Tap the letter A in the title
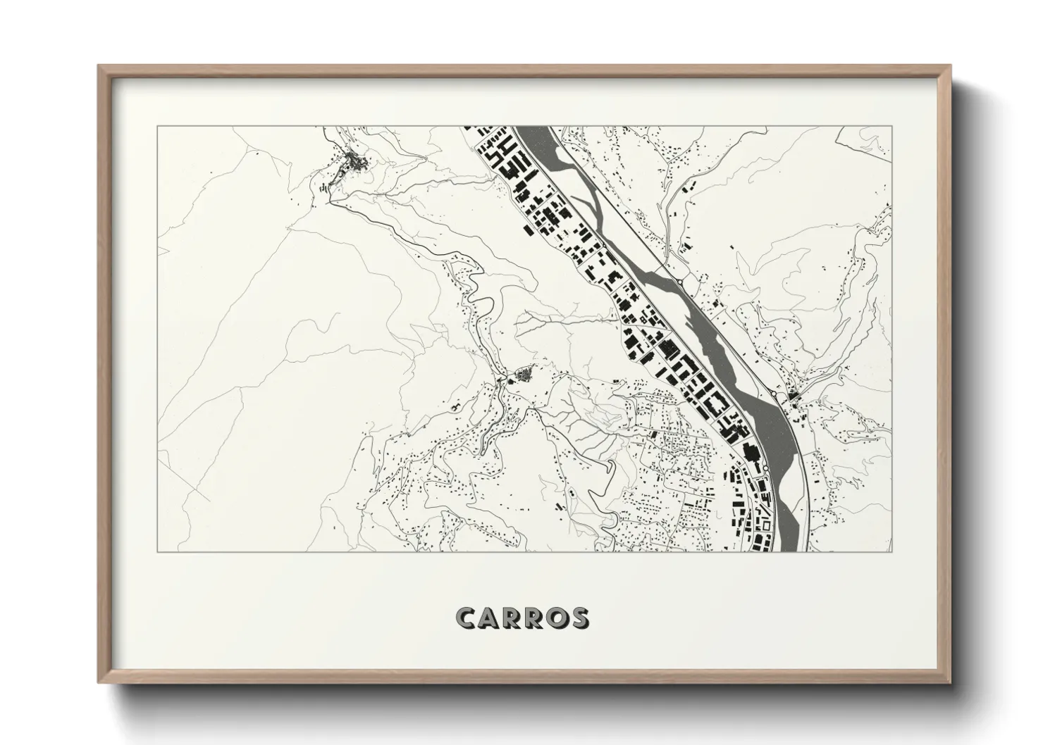492,618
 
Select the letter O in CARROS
554,618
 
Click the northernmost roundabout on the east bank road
679,281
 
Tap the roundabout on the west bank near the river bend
765,467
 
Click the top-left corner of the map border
156,127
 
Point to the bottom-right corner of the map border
891,551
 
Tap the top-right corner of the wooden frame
951,65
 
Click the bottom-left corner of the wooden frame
98,682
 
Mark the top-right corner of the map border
891,127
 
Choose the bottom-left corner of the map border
156,551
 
